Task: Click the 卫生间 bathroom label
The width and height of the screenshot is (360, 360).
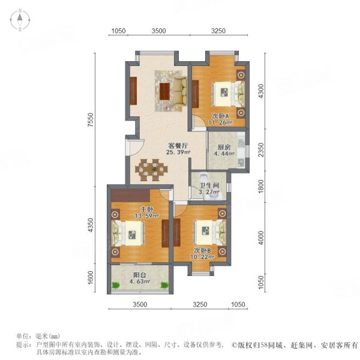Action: pyautogui.click(x=204, y=185)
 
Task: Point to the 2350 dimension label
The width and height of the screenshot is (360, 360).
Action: pyautogui.click(x=261, y=152)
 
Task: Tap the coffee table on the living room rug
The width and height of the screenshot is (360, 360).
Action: pyautogui.click(x=165, y=91)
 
